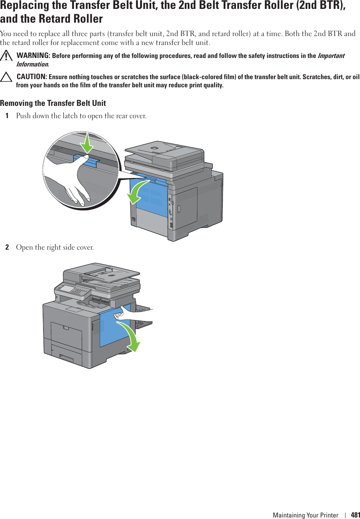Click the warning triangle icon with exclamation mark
click(6, 56)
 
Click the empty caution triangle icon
click(6, 77)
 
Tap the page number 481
click(355, 515)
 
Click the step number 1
click(7, 116)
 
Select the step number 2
click(7, 247)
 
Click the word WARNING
click(33, 55)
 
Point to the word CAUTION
click(32, 77)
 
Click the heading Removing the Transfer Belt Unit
click(53, 103)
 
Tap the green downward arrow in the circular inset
click(87, 143)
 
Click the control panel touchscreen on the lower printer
click(67, 288)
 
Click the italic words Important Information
click(331, 56)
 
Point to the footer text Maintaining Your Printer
click(305, 515)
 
